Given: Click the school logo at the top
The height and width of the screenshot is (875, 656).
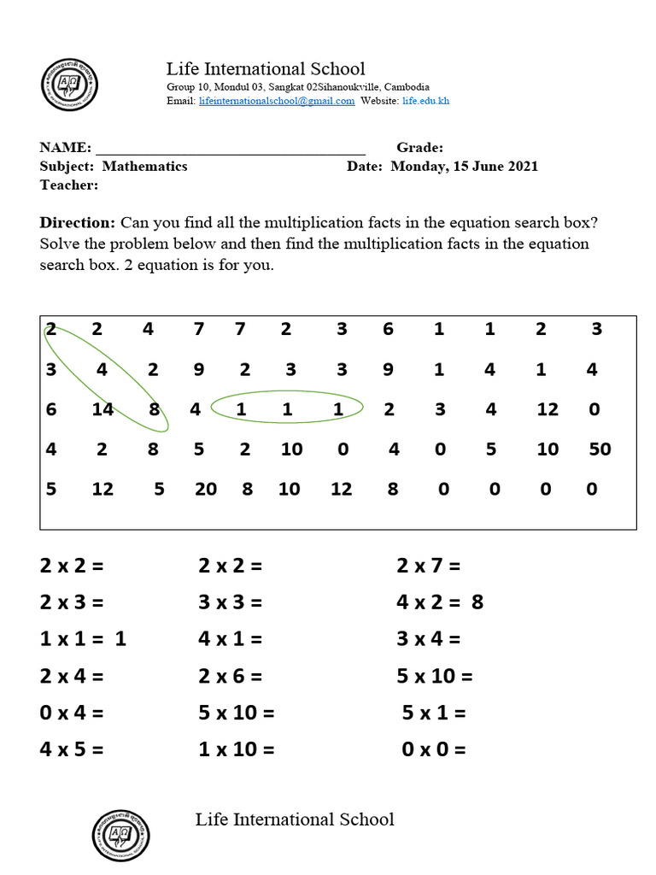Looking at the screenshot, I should pyautogui.click(x=70, y=85).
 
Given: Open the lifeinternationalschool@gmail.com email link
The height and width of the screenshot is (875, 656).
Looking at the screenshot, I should pyautogui.click(x=277, y=101).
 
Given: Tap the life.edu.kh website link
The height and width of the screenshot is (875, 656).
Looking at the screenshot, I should pyautogui.click(x=425, y=101).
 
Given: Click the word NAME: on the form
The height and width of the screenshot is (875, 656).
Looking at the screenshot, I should pyautogui.click(x=65, y=148).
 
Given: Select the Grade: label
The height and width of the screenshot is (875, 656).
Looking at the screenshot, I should pyautogui.click(x=419, y=148).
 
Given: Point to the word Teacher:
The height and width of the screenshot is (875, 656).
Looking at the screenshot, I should pyautogui.click(x=69, y=185).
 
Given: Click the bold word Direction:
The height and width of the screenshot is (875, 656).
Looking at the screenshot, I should pyautogui.click(x=78, y=223).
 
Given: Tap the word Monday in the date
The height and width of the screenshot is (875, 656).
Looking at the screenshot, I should pyautogui.click(x=417, y=167).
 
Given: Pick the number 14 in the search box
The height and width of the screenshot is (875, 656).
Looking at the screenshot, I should pyautogui.click(x=102, y=409).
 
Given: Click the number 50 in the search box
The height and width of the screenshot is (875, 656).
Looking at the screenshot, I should pyautogui.click(x=600, y=449).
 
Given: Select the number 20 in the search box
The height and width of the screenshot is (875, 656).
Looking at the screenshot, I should pyautogui.click(x=205, y=489).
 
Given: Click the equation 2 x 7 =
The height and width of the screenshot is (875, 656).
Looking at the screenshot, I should pyautogui.click(x=428, y=565).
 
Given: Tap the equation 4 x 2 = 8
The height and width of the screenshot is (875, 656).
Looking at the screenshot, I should pyautogui.click(x=440, y=602).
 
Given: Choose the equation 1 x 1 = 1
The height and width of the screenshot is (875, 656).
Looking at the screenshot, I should pyautogui.click(x=83, y=638).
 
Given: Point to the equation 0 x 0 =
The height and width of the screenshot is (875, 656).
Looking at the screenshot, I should pyautogui.click(x=434, y=750).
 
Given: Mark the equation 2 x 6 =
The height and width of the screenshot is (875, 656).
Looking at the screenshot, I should pyautogui.click(x=230, y=676).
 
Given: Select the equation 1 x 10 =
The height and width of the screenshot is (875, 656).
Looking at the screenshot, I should pyautogui.click(x=237, y=750).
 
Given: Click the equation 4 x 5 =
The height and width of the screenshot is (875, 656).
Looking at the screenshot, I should pyautogui.click(x=71, y=750).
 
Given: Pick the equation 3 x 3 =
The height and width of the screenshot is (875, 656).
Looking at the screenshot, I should pyautogui.click(x=230, y=602).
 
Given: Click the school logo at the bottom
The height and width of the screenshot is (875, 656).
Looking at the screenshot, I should pyautogui.click(x=120, y=836).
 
